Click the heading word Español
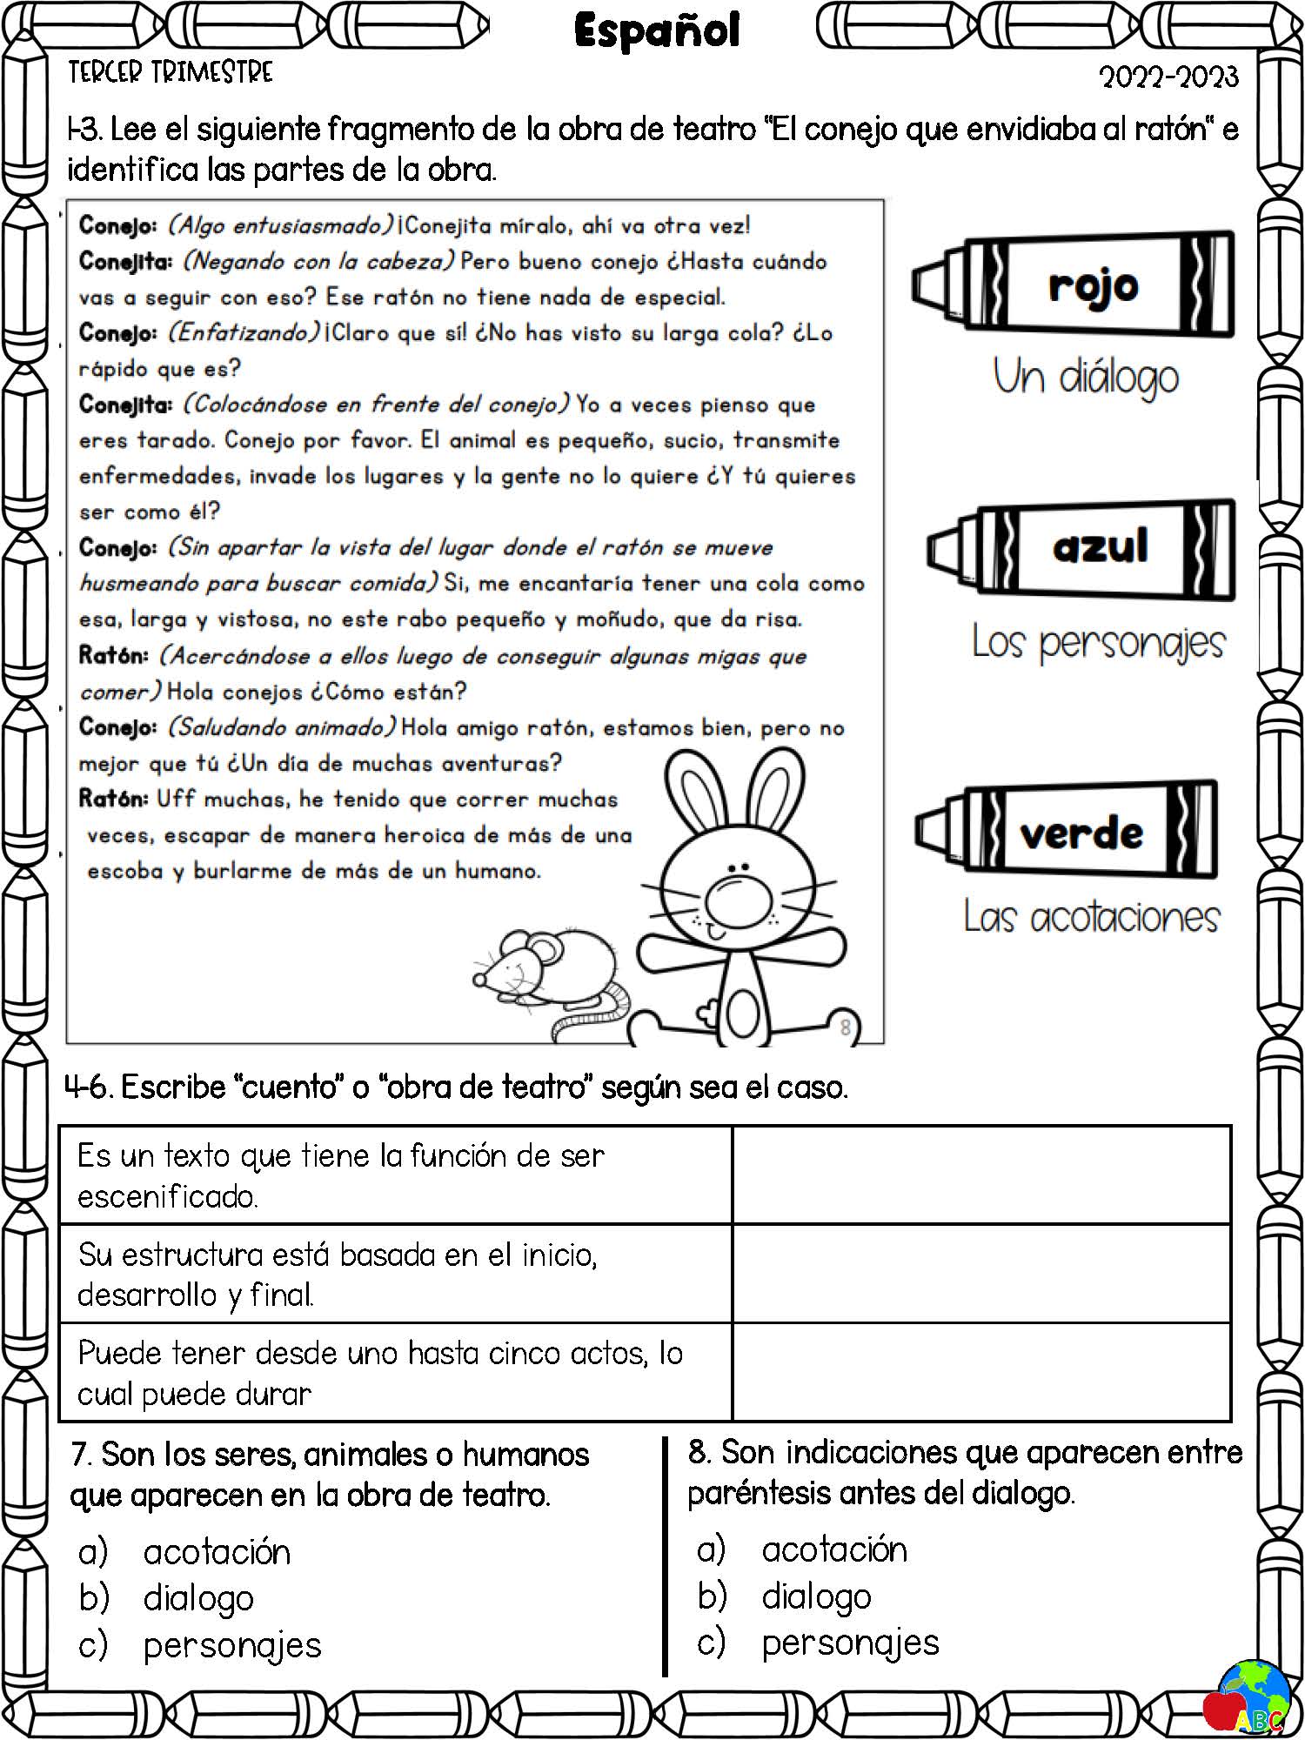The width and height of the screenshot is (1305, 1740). coord(657,31)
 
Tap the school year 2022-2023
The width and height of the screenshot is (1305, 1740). coord(1168,77)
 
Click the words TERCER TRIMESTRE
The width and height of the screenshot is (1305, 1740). coord(171,72)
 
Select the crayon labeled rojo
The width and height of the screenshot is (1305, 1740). coord(1074,284)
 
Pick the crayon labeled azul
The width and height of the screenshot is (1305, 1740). coord(1082,547)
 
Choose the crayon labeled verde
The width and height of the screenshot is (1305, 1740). coord(1067,832)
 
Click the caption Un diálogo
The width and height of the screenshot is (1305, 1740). coord(1086,377)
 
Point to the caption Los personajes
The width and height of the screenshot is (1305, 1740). coord(1098,643)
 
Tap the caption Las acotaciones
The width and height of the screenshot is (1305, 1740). coord(1091,917)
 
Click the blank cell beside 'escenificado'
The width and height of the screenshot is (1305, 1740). coord(980,1175)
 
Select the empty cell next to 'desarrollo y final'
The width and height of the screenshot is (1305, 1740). coord(980,1274)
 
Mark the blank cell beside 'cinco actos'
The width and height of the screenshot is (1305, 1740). coord(980,1372)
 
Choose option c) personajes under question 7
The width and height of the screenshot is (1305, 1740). coord(231,1644)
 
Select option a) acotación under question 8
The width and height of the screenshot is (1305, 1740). coord(833,1549)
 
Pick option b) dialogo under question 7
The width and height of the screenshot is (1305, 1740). coord(198,1598)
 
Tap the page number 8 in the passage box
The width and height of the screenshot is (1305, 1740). coord(845,1027)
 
